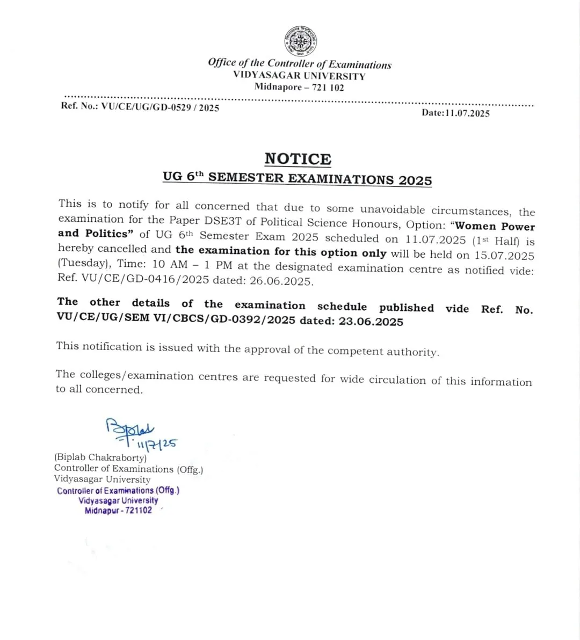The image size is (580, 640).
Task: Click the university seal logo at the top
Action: pyautogui.click(x=300, y=41)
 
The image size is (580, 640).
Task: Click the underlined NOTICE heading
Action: pyautogui.click(x=298, y=159)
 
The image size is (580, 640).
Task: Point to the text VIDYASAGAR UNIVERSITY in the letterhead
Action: pyautogui.click(x=299, y=76)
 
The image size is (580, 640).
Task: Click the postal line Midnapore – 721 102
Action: pyautogui.click(x=299, y=88)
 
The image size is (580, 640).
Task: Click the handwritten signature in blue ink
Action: pyautogui.click(x=130, y=429)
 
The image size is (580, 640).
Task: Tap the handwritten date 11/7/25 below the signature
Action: pyautogui.click(x=157, y=444)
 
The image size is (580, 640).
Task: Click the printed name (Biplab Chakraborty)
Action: pyautogui.click(x=100, y=457)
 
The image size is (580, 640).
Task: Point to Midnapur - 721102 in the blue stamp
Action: pyautogui.click(x=118, y=510)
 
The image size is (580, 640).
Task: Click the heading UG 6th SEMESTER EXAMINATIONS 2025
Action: pyautogui.click(x=298, y=178)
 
